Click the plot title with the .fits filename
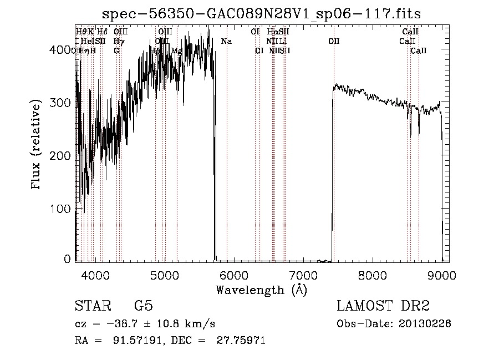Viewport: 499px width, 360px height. (266, 13)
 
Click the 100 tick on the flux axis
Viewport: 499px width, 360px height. (63, 209)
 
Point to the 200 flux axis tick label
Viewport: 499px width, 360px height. (63, 156)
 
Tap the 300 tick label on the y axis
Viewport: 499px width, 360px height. (63, 103)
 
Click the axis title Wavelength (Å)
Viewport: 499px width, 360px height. (261, 290)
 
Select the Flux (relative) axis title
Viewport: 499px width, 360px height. (37, 145)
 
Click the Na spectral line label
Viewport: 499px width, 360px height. (226, 41)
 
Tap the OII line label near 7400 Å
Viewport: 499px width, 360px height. (334, 41)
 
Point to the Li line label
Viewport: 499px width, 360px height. (283, 41)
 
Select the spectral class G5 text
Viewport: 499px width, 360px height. (144, 306)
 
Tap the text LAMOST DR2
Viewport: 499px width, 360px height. (383, 306)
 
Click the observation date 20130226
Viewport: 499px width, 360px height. (427, 323)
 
